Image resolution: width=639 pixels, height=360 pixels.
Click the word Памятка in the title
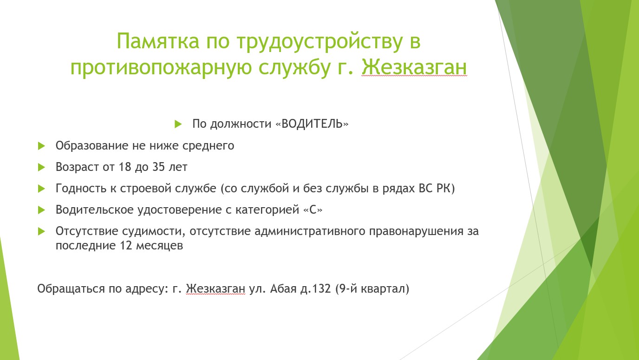pos(158,41)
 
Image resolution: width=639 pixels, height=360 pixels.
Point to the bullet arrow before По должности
pos(178,124)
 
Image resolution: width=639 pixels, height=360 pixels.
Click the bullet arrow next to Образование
pos(41,146)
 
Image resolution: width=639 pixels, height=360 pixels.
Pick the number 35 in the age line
pos(158,167)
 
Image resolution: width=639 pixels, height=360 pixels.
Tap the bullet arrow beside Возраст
pos(41,167)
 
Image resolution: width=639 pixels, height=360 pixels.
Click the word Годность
pos(81,189)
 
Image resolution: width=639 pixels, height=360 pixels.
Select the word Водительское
pos(95,210)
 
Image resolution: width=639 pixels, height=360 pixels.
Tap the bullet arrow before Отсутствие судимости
pos(41,231)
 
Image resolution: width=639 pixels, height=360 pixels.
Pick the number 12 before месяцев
pos(126,246)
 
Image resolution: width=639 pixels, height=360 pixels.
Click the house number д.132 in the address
pos(315,289)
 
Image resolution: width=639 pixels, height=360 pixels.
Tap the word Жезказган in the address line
pos(215,289)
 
